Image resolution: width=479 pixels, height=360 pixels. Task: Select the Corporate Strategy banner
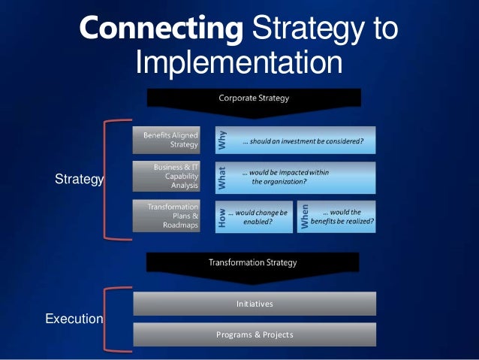click(x=254, y=98)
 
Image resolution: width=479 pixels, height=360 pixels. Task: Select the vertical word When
click(x=305, y=216)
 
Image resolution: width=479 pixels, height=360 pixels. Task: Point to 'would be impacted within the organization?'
click(x=285, y=177)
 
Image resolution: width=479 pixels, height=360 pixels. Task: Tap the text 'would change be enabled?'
click(x=259, y=217)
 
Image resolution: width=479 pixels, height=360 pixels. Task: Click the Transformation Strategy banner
click(x=252, y=262)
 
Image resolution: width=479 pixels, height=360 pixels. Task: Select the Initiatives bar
click(x=255, y=304)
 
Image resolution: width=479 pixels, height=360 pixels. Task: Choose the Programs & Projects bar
click(x=255, y=334)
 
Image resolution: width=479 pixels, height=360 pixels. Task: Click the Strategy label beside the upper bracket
click(x=80, y=180)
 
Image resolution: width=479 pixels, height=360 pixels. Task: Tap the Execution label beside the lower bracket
click(x=74, y=319)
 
